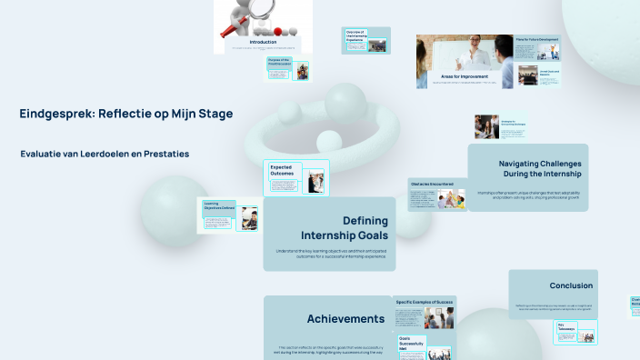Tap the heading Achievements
[345, 319]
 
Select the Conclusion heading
[571, 285]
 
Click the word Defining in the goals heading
[365, 220]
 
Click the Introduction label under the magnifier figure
[263, 42]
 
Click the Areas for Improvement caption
[464, 77]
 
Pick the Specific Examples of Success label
[425, 301]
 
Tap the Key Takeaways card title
[569, 326]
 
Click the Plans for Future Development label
[535, 40]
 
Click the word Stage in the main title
[213, 114]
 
